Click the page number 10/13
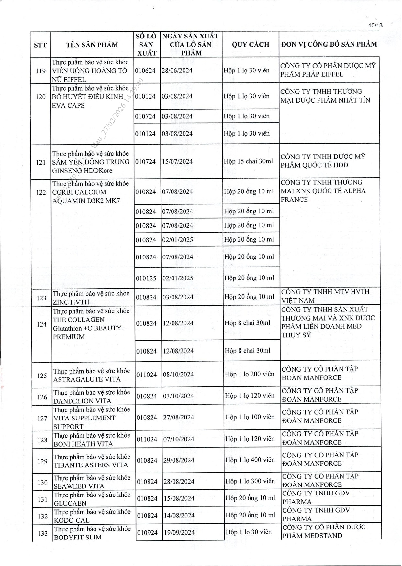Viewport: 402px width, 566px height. (375, 25)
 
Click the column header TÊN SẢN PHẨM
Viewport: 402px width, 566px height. (92, 45)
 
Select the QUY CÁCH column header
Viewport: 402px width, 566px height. (250, 44)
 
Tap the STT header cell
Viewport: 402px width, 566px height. (40, 45)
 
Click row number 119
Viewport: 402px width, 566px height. (41, 71)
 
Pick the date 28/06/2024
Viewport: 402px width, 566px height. (177, 71)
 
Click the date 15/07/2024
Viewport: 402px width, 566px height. (178, 161)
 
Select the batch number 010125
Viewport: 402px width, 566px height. (146, 278)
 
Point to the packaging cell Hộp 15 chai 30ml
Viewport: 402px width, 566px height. (248, 161)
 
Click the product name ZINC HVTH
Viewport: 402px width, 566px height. (71, 302)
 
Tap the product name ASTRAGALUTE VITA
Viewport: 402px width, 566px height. (87, 379)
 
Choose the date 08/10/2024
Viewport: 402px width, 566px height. (178, 374)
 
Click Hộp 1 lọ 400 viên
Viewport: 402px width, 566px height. (250, 460)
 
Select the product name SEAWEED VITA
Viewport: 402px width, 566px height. (79, 486)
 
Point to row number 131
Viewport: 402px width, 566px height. (43, 499)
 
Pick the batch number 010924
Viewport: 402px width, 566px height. (148, 532)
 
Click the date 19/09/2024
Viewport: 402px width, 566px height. (179, 532)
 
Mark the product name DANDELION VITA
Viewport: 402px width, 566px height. (82, 401)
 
